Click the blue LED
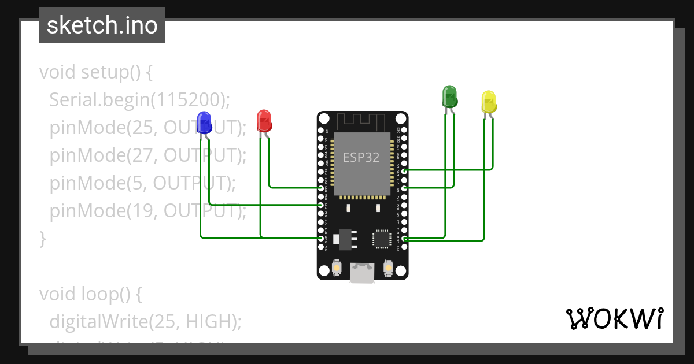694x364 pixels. (x=204, y=122)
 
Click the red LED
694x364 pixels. (x=264, y=120)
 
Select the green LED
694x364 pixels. (x=449, y=96)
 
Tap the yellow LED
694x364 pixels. (x=489, y=102)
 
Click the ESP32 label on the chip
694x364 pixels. (x=361, y=157)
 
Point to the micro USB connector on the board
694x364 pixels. (x=362, y=273)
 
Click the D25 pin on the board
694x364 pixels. (x=322, y=188)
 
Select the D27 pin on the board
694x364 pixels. (x=322, y=205)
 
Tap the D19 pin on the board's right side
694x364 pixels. (x=404, y=170)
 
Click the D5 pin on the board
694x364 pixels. (x=404, y=188)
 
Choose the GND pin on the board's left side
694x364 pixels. (x=322, y=238)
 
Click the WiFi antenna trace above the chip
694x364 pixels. (x=361, y=121)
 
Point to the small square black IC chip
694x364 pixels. (x=382, y=238)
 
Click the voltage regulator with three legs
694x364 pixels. (x=345, y=238)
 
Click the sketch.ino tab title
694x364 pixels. (x=102, y=25)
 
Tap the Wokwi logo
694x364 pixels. (x=614, y=318)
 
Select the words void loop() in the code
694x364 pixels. (x=90, y=294)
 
